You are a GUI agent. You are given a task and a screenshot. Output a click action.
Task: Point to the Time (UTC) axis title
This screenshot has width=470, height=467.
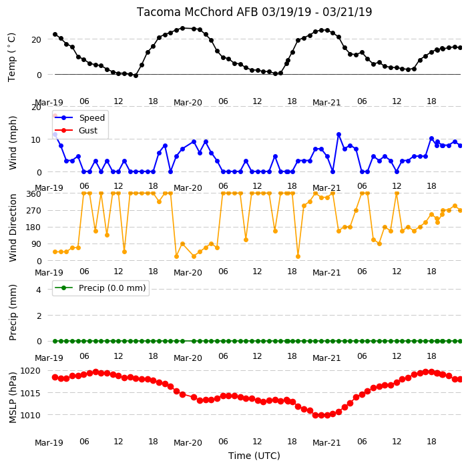[x=254, y=456]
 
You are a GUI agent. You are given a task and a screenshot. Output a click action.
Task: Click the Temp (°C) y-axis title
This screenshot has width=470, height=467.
[x=11, y=57]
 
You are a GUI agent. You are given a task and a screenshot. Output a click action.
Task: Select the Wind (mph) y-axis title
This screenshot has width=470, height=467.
[x=13, y=143]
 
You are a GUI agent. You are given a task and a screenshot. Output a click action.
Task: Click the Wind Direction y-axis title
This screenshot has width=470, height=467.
[x=13, y=228]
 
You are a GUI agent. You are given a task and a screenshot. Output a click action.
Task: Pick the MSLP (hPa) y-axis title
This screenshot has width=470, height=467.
[x=13, y=398]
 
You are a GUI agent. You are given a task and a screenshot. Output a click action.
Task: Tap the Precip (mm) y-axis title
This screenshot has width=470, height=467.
[x=13, y=312]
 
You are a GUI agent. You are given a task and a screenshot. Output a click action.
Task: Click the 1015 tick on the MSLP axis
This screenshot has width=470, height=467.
[x=30, y=393]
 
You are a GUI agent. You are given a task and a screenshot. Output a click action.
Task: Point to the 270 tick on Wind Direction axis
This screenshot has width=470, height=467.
[x=34, y=211]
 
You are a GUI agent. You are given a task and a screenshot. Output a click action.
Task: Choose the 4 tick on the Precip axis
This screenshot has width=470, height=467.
[x=39, y=290]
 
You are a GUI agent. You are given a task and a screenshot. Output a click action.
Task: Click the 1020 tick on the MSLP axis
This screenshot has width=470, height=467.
[x=30, y=371]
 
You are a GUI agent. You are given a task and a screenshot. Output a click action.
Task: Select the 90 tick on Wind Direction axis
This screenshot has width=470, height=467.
[x=36, y=244]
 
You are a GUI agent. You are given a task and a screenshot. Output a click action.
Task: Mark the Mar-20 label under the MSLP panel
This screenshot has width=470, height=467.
[x=188, y=443]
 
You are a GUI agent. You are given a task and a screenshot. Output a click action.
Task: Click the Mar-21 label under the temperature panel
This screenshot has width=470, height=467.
[x=326, y=103]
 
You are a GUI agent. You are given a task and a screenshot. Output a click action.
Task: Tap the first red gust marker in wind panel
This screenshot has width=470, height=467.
[x=55, y=115]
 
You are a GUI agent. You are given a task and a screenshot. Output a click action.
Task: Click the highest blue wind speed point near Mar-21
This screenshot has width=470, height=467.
[x=338, y=135]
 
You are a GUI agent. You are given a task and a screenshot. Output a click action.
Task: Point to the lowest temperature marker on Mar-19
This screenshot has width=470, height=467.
[x=136, y=76]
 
